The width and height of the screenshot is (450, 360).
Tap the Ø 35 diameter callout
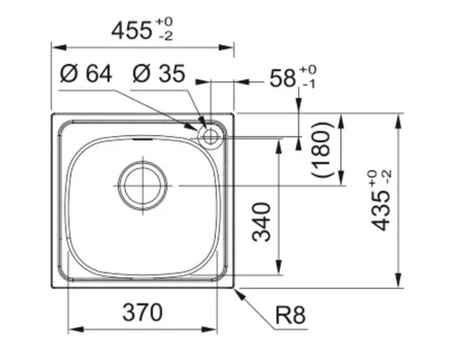click(x=158, y=75)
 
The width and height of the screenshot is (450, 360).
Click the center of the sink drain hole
click(x=142, y=184)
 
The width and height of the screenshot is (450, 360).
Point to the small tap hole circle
click(x=211, y=137)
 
